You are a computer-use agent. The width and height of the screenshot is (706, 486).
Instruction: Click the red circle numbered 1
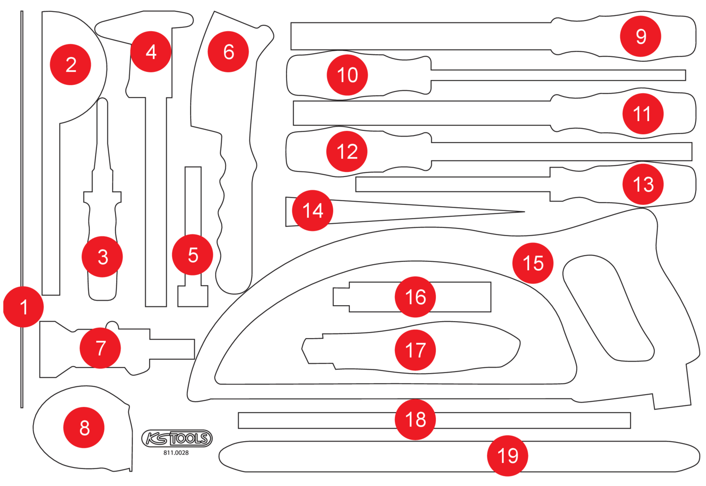coord(24,307)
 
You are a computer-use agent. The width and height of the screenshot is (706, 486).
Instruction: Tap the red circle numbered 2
coord(71,65)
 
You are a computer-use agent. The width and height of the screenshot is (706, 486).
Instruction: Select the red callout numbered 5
coord(193,255)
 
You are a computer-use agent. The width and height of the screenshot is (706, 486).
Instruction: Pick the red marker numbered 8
coord(84,428)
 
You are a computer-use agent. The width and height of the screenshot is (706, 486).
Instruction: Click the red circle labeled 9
coord(641,36)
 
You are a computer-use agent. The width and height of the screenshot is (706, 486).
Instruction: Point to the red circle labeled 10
coord(347,75)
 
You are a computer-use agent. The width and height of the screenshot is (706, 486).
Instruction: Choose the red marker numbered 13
coord(643,184)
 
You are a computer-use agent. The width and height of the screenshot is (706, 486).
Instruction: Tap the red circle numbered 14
coord(313,211)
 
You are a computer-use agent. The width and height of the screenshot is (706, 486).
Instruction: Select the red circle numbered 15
coord(533,263)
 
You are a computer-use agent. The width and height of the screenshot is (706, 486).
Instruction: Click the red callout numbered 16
coord(415,297)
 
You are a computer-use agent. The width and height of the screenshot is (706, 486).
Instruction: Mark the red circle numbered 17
coord(415,350)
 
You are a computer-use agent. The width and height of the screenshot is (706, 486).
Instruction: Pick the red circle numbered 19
coord(507,455)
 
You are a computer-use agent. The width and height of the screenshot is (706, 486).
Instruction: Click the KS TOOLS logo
coord(177,438)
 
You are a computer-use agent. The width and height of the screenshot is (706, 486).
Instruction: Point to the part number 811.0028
coord(176,453)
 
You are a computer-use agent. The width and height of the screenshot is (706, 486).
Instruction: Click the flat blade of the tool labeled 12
coord(560,152)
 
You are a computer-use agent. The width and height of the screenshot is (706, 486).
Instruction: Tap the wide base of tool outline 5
coord(193,296)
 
